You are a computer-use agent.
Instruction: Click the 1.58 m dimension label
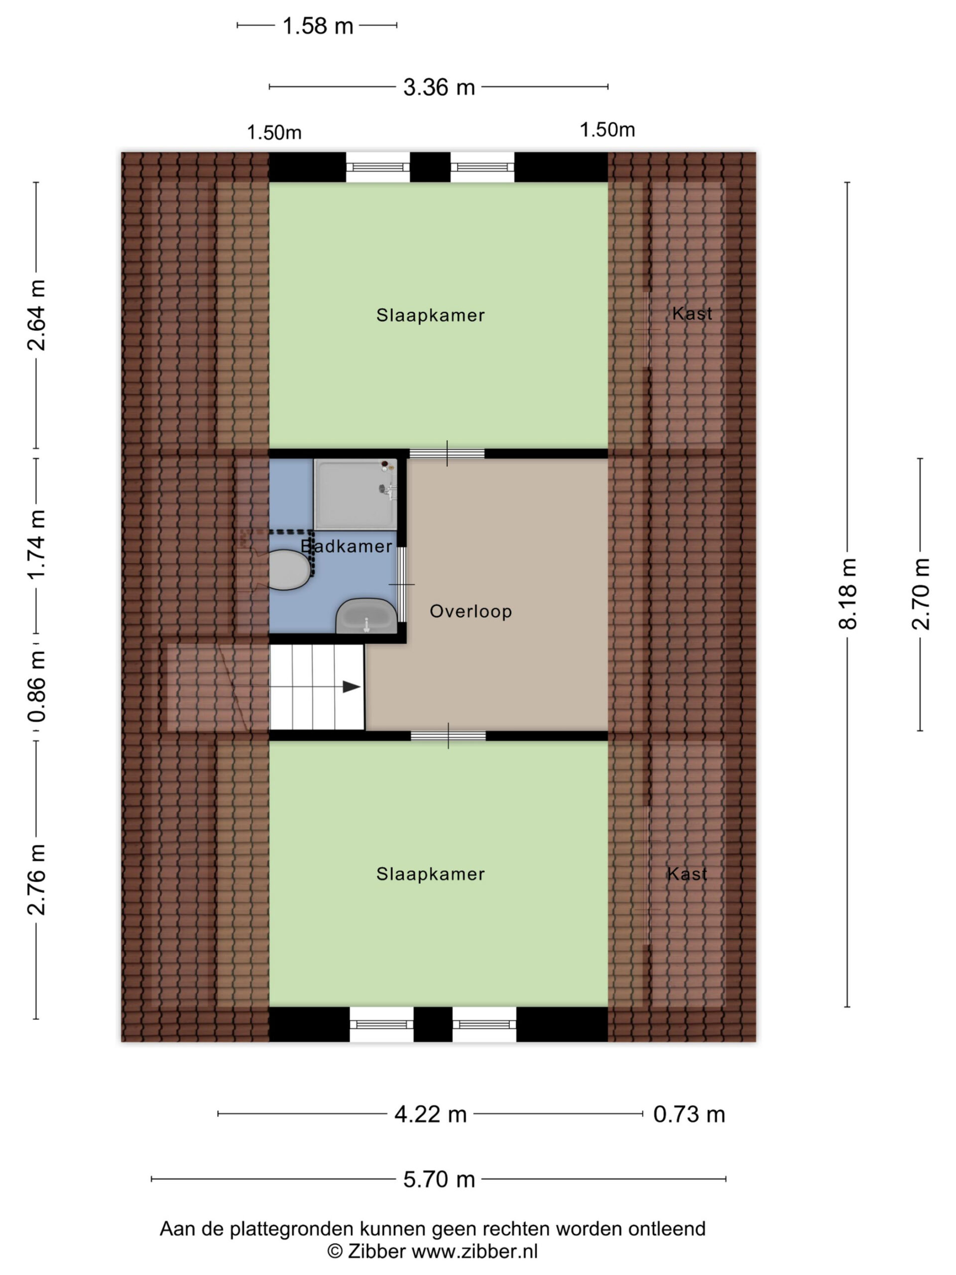317,26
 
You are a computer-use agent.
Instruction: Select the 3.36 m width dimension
439,88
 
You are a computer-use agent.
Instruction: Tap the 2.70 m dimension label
921,594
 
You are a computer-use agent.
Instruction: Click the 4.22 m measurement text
430,1114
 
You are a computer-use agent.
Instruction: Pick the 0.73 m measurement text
689,1114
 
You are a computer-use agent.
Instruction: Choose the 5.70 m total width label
439,1179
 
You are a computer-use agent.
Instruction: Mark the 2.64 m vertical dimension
36,315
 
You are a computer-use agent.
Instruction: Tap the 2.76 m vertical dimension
36,880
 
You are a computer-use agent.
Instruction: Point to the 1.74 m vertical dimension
36,545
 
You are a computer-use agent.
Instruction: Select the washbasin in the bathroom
366,616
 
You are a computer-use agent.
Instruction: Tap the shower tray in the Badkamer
356,494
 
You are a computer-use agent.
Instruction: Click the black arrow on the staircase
352,686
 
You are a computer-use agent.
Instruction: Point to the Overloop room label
471,611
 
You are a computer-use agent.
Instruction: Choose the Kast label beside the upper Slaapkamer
692,314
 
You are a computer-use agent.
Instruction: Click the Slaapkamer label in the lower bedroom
431,874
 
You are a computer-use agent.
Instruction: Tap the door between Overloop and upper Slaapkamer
447,454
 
